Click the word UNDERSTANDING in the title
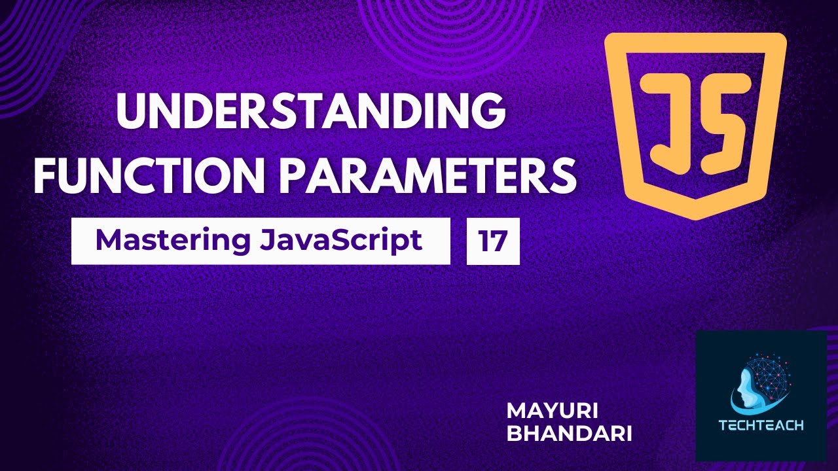tap(311, 112)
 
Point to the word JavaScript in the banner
tap(340, 241)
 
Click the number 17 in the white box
tap(493, 241)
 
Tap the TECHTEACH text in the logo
tap(761, 426)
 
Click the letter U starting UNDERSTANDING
tap(128, 112)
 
